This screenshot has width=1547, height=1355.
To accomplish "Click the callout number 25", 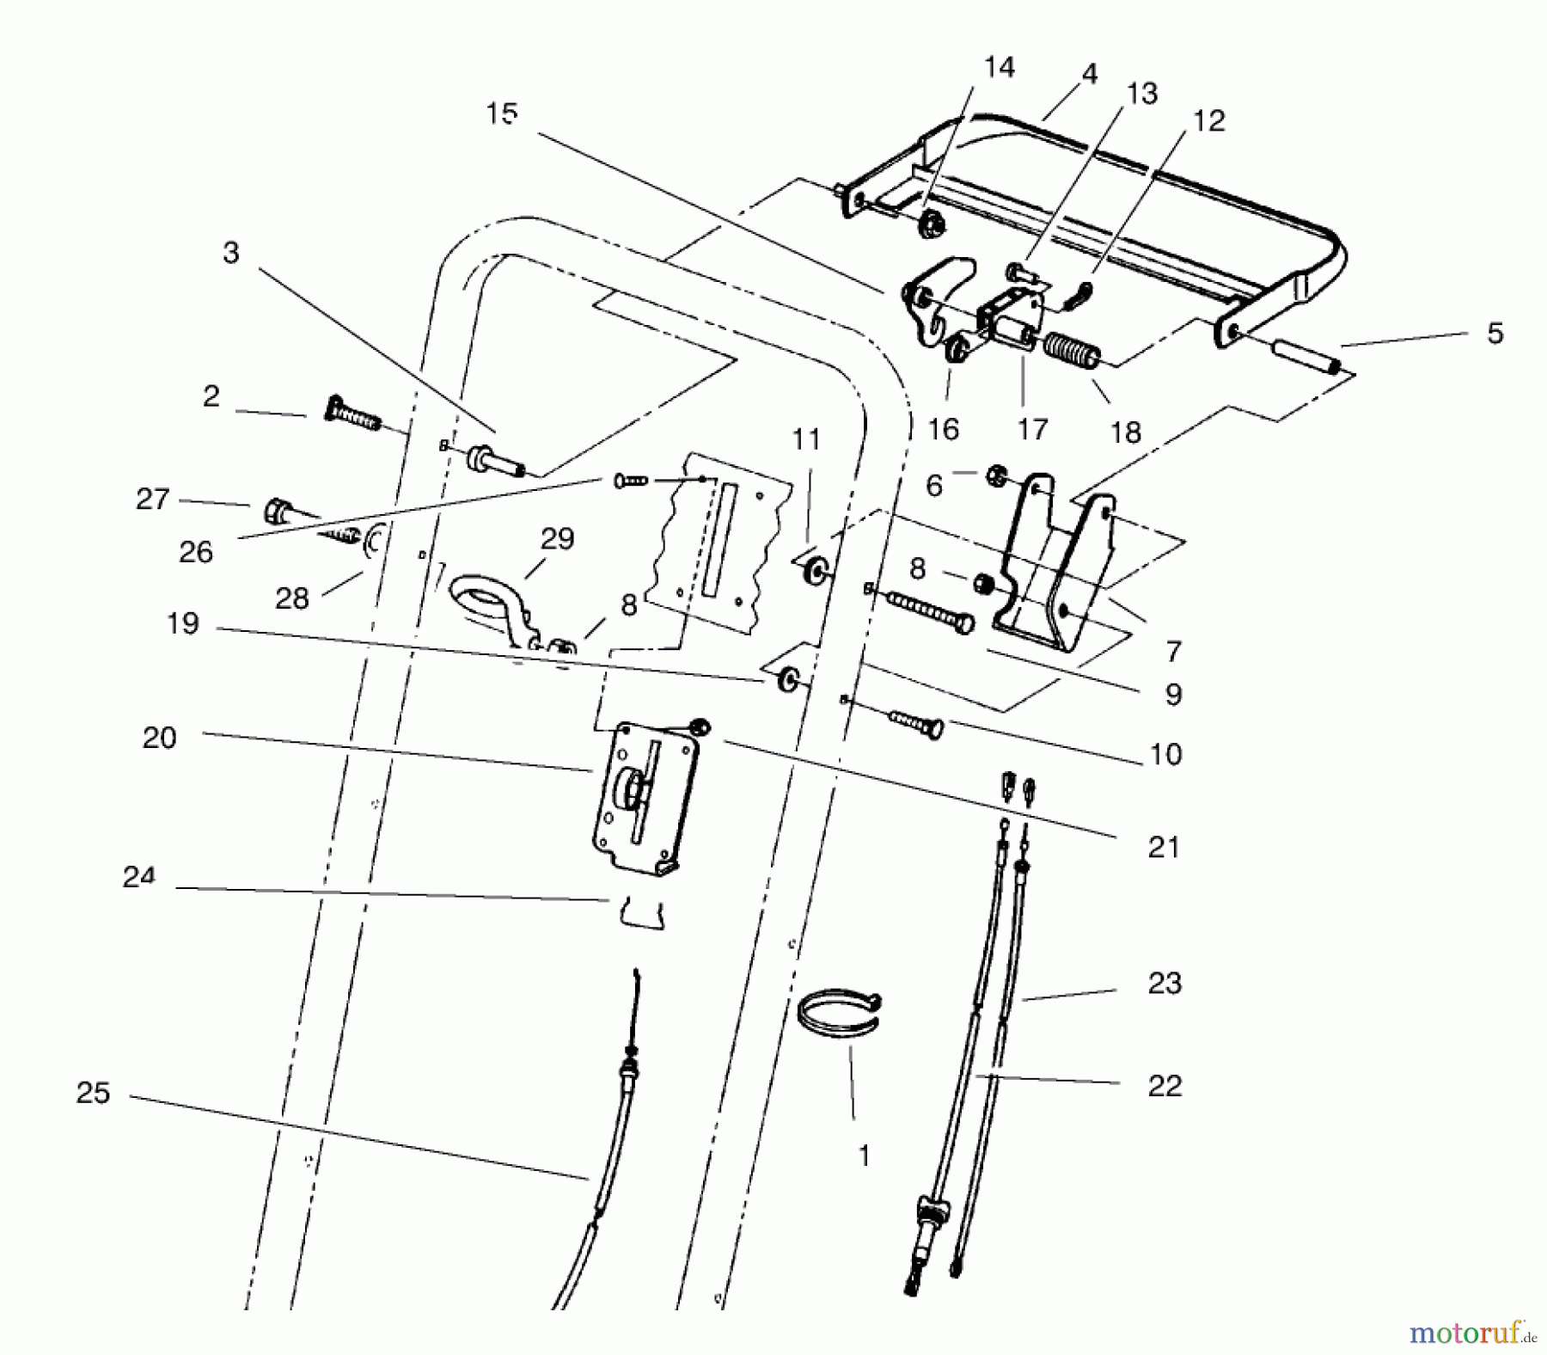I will [93, 1093].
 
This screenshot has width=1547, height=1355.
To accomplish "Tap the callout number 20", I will [160, 738].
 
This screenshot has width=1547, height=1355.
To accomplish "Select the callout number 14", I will [1000, 67].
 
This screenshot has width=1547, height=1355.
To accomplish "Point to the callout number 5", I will [1495, 334].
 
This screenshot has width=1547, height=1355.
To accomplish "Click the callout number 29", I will [557, 539].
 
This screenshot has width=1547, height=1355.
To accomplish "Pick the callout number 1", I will [865, 1156].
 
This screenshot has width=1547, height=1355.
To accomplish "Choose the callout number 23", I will [1165, 983].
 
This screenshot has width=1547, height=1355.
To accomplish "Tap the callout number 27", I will [152, 499].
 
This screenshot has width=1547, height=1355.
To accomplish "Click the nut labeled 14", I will [932, 224].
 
